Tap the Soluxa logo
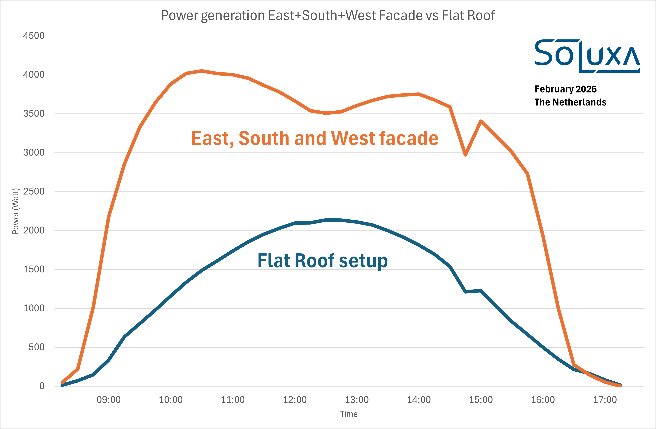[x=587, y=56]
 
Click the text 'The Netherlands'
[x=570, y=102]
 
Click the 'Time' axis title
[x=349, y=414]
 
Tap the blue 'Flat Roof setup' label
[x=323, y=261]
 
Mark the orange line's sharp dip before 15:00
[x=465, y=155]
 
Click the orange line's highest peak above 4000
[x=202, y=71]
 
